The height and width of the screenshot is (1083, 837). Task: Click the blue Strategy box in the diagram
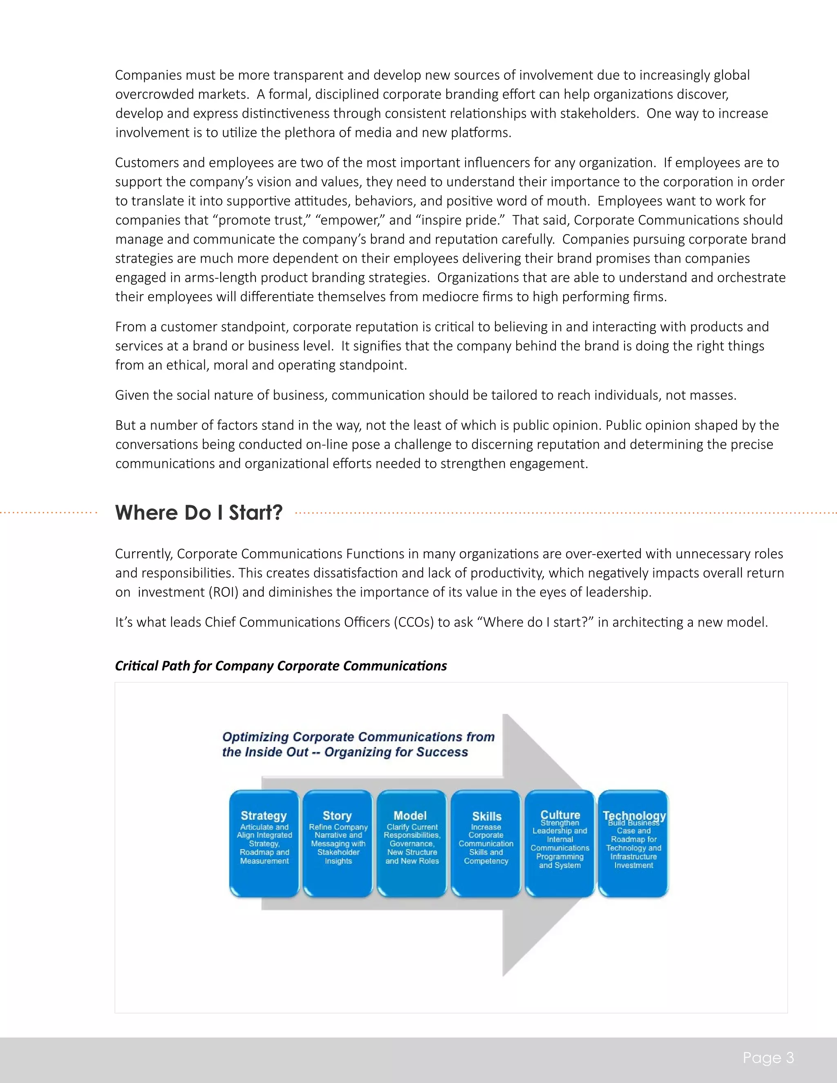point(264,844)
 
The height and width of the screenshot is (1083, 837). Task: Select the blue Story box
point(338,844)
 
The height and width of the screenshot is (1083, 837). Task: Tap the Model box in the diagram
point(412,844)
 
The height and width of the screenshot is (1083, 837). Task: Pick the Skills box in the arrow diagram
point(486,844)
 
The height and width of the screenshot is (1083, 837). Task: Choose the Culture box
point(560,844)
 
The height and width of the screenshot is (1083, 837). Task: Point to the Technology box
point(633,844)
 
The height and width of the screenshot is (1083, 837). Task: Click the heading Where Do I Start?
point(199,513)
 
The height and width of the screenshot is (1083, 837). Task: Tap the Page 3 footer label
point(768,1058)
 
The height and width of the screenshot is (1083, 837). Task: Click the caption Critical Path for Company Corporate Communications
point(281,666)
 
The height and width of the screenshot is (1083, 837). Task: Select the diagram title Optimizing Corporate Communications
point(358,744)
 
